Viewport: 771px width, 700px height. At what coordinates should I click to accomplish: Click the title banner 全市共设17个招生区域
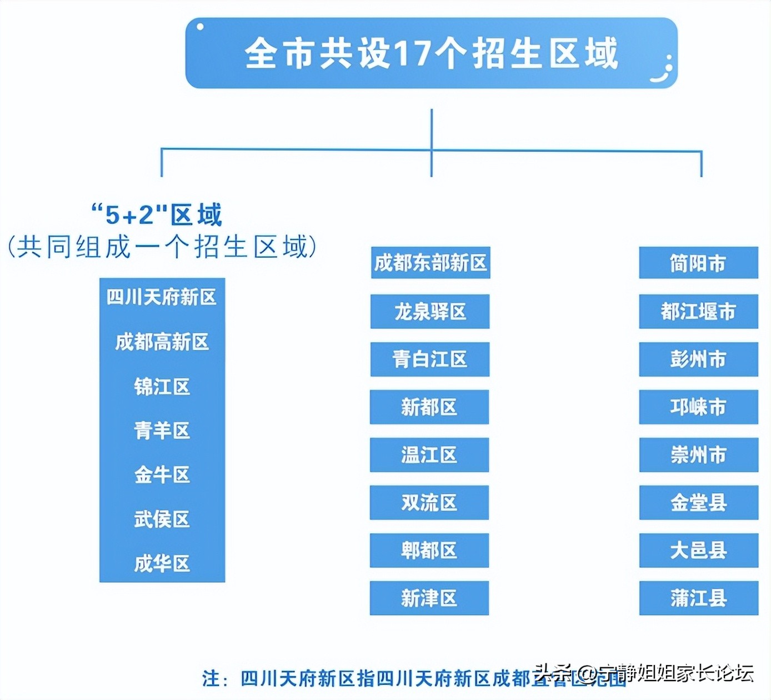(431, 53)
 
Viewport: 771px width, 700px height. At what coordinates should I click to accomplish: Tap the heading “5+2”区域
(157, 215)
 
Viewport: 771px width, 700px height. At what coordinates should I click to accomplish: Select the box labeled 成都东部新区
(430, 263)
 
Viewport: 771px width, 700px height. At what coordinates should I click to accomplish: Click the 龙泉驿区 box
(430, 312)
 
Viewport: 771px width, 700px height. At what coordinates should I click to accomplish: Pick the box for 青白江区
(430, 359)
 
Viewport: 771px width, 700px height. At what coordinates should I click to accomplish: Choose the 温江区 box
(429, 455)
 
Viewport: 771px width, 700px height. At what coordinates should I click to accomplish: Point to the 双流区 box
(429, 503)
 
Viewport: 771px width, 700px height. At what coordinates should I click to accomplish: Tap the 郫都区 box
(429, 551)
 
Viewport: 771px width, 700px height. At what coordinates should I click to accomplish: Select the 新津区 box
(429, 598)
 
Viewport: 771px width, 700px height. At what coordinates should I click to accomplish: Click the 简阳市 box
(698, 263)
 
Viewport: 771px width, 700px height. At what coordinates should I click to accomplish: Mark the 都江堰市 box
(698, 312)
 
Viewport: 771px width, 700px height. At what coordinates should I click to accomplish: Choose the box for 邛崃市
(698, 407)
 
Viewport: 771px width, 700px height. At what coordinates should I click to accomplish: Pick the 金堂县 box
(698, 503)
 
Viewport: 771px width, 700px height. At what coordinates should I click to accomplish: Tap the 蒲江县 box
(698, 598)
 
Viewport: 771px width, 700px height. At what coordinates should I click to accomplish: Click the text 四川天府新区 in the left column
(162, 297)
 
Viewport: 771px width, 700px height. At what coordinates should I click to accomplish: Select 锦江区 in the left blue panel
(162, 386)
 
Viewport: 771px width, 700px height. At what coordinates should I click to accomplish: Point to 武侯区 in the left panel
(162, 519)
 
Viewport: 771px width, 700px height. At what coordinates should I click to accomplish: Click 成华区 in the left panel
(162, 564)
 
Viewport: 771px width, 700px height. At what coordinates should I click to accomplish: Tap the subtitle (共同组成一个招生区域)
(162, 247)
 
